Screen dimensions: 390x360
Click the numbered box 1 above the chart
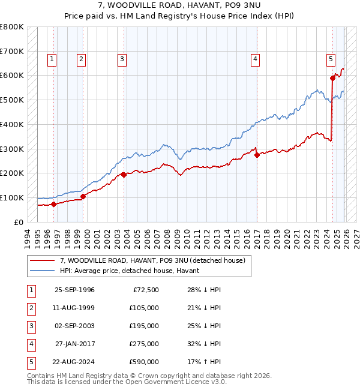point(53,59)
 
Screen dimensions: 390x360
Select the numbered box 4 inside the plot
point(256,59)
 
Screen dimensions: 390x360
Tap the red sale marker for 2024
point(332,77)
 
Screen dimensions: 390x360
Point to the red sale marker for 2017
point(257,155)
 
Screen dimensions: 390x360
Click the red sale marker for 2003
point(124,175)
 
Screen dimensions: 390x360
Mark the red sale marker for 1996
point(53,204)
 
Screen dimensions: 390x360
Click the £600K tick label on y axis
point(11,76)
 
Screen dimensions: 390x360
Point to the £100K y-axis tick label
point(11,197)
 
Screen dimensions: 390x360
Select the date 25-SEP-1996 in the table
point(74,290)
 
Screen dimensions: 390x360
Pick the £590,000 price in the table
point(144,362)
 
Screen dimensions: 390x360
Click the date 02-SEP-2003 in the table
point(74,326)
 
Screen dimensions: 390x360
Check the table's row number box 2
point(30,308)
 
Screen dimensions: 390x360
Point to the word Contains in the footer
point(41,376)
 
